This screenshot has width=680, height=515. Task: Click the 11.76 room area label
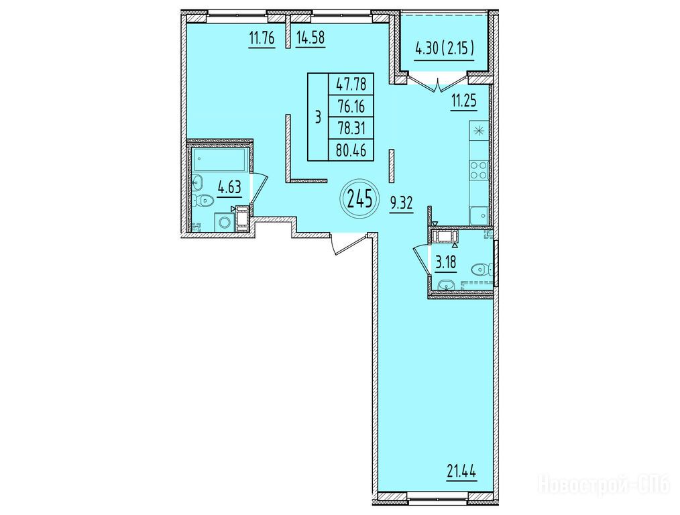pos(262,39)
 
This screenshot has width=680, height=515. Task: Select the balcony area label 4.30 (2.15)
pos(445,49)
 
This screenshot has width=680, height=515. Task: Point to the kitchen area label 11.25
pos(463,101)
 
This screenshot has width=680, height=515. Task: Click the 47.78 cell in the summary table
pos(351,84)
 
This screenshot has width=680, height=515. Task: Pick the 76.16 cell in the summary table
pos(351,106)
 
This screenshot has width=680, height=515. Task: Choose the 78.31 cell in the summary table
pos(351,128)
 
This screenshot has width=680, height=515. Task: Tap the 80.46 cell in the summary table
pos(351,150)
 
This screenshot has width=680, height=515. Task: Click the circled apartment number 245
pos(359,199)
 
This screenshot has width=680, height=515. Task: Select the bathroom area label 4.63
pos(229,188)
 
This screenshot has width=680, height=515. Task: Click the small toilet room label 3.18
pos(446,263)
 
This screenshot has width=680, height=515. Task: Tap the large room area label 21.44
pos(462,470)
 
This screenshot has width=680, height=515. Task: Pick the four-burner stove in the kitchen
pos(479,170)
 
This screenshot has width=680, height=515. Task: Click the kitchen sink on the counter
pos(479,215)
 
